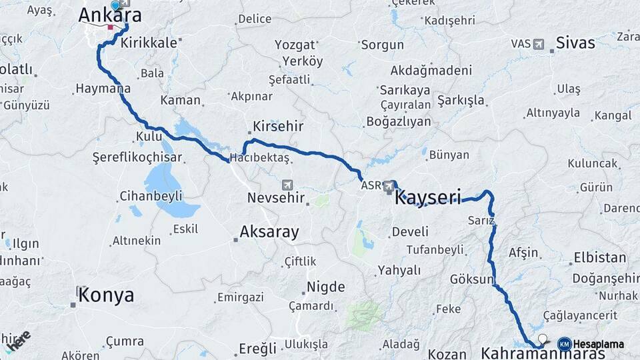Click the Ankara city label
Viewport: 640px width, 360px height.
[x=110, y=15]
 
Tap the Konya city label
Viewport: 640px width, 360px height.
[x=106, y=295]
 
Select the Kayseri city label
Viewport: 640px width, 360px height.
[x=428, y=197]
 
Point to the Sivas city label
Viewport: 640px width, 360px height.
[x=575, y=44]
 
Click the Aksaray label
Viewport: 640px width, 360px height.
[x=269, y=232]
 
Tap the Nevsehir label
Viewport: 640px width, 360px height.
[x=275, y=198]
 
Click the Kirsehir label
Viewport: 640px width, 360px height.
[x=278, y=126]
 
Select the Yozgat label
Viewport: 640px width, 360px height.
[x=295, y=45]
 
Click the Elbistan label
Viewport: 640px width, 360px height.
[x=601, y=257]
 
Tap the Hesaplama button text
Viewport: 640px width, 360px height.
[x=599, y=344]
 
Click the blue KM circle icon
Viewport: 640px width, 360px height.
[x=564, y=344]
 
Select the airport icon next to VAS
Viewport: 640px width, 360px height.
[x=538, y=44]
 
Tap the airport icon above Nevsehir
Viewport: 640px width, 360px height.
[x=287, y=185]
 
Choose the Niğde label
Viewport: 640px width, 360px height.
[x=325, y=287]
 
